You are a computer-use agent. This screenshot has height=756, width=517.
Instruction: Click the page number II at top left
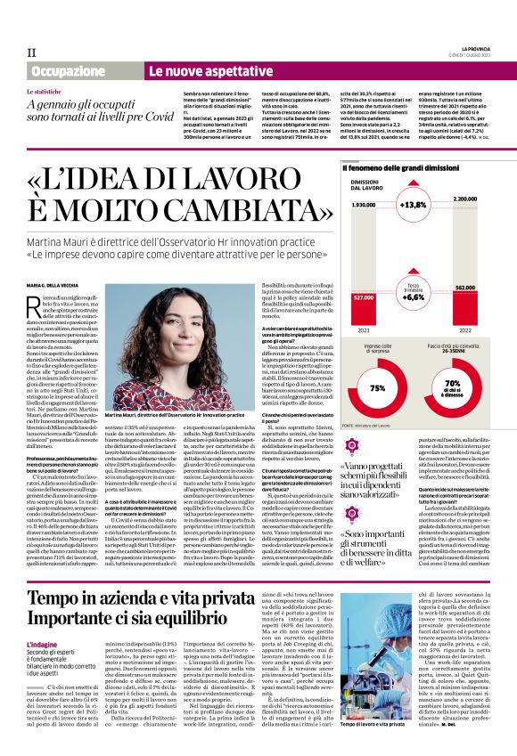coord(31,53)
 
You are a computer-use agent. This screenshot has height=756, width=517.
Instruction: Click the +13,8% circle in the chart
coord(414,204)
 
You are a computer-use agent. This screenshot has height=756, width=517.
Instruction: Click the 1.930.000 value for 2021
coord(362,205)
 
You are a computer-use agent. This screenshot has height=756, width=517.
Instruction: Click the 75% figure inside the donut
coord(377,388)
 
